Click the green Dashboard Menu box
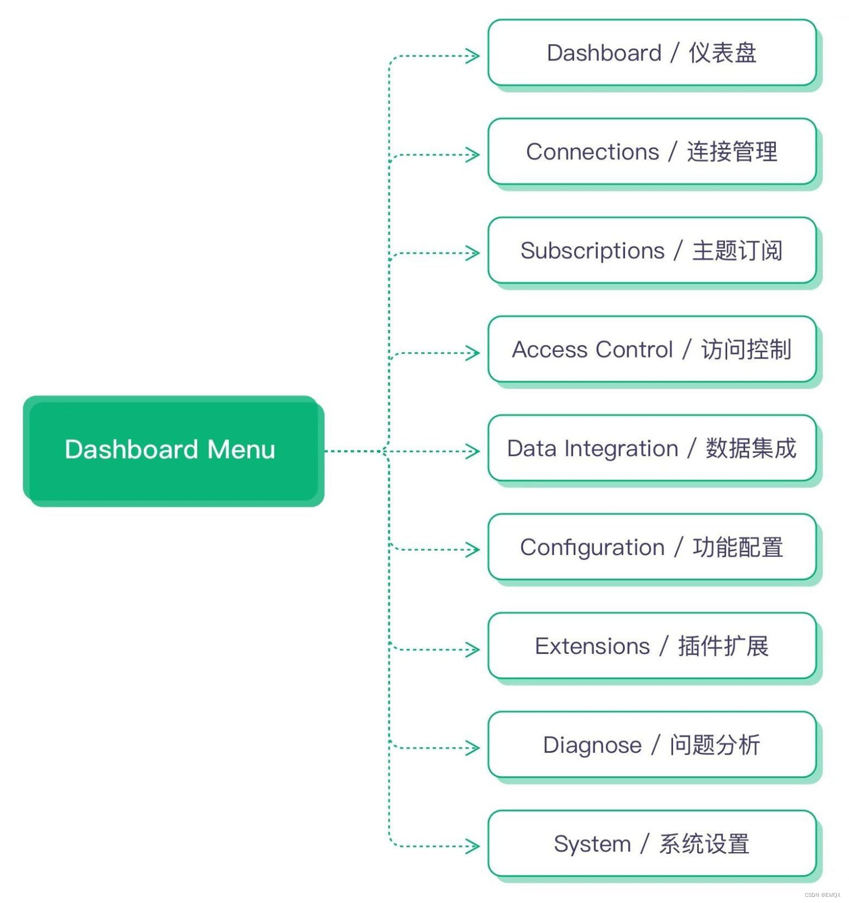[173, 450]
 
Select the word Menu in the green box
[241, 450]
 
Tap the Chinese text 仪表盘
[722, 53]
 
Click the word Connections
[593, 152]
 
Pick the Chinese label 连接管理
[732, 152]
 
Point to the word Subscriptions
[593, 251]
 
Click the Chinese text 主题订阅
[737, 251]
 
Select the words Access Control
[593, 350]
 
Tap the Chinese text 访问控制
[746, 350]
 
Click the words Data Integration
[593, 449]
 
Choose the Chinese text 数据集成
[751, 448]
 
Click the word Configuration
[593, 548]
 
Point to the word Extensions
[593, 647]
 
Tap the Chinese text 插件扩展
[723, 646]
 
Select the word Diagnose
[593, 746]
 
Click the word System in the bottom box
[593, 844]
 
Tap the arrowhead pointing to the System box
[474, 846]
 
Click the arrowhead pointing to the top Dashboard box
[474, 56]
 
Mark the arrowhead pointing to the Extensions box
[474, 649]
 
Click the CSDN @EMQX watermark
[822, 895]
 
